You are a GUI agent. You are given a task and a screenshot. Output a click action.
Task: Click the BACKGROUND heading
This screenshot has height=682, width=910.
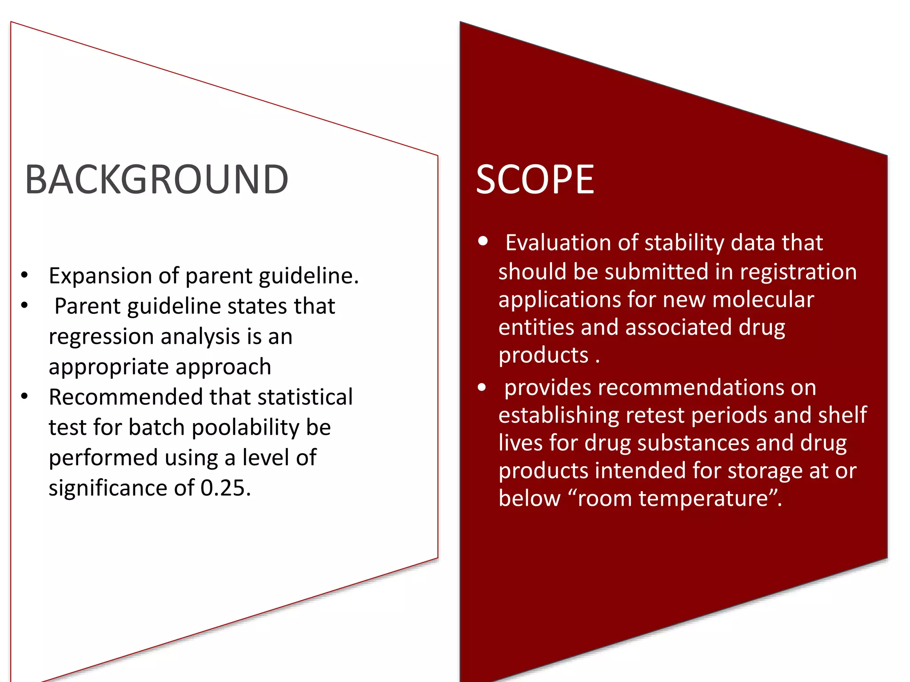156,179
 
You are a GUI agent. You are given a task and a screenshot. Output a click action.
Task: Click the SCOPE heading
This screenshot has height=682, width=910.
535,179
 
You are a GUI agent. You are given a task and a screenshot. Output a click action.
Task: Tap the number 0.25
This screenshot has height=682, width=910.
226,488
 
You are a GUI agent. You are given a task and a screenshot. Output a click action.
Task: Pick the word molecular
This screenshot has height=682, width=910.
763,299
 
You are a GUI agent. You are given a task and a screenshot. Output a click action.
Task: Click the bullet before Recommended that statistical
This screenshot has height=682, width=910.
24,396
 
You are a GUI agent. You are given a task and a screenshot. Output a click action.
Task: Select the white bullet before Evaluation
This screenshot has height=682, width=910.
483,242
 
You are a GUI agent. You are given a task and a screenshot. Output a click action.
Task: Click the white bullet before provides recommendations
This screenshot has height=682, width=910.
482,387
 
